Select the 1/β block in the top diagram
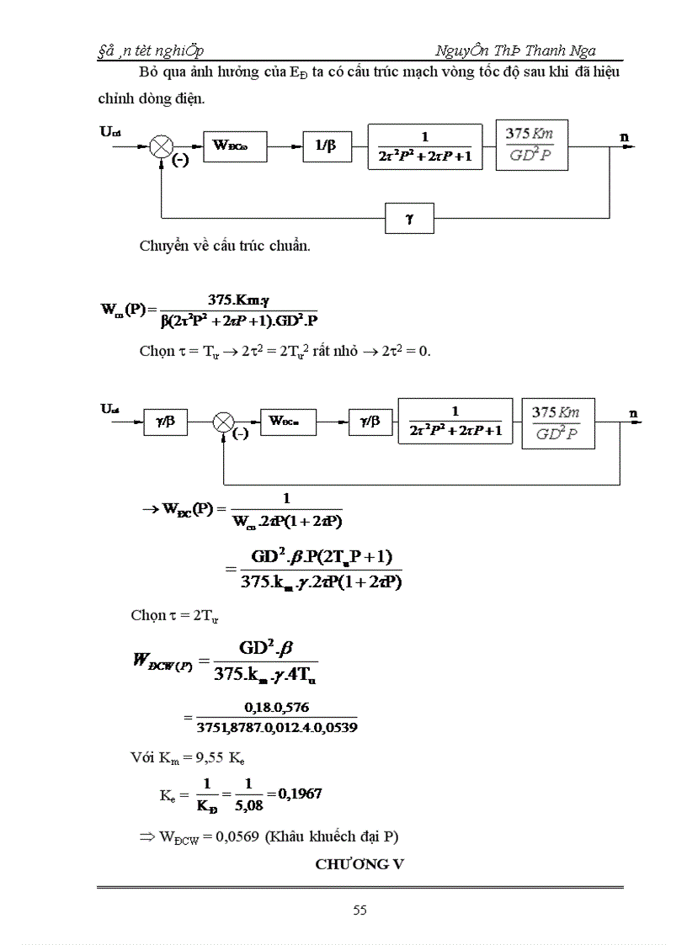[326, 146]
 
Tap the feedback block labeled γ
[410, 218]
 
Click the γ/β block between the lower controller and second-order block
[371, 420]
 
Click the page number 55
[359, 910]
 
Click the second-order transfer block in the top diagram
[425, 146]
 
